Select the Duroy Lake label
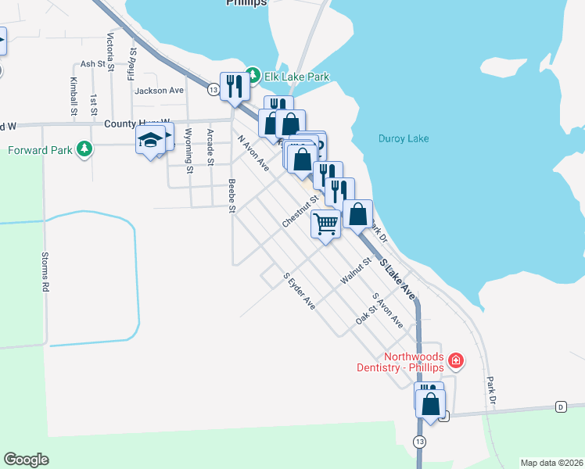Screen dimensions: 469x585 pyautogui.click(x=404, y=139)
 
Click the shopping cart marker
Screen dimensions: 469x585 pyautogui.click(x=326, y=224)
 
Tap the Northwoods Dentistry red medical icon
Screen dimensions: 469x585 pyautogui.click(x=455, y=361)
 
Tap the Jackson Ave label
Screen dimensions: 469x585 pyautogui.click(x=159, y=91)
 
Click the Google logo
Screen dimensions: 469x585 pyautogui.click(x=26, y=460)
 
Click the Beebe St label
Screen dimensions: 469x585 pyautogui.click(x=231, y=195)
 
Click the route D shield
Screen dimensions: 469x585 pyautogui.click(x=561, y=406)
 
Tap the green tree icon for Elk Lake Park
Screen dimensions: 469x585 pyautogui.click(x=253, y=77)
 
